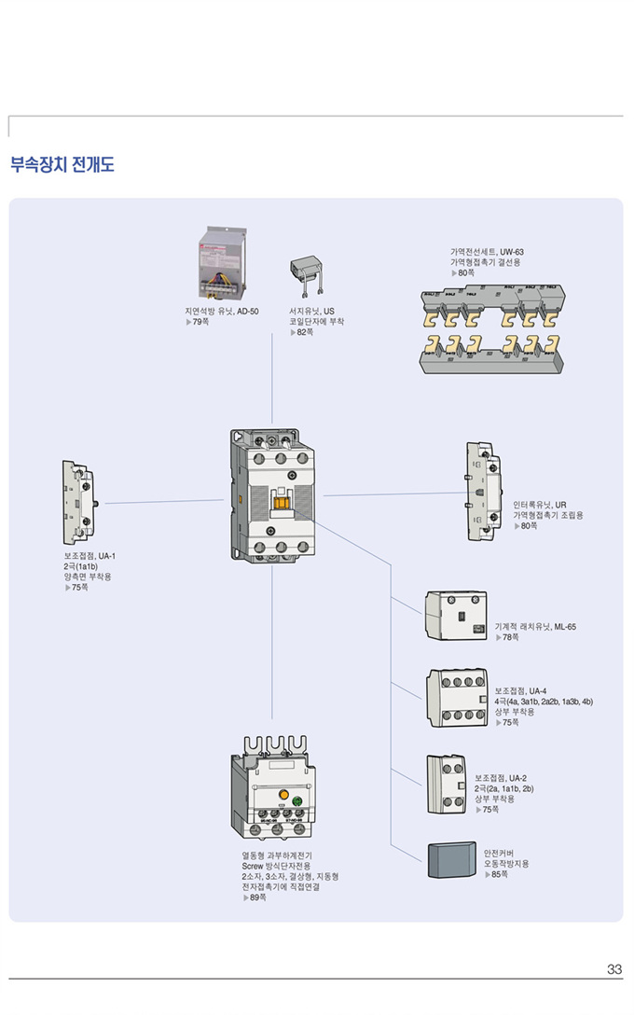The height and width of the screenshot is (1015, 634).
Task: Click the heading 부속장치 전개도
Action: point(62,166)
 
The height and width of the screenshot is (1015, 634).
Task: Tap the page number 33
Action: point(613,969)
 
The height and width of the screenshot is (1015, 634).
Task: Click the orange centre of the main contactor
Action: point(281,500)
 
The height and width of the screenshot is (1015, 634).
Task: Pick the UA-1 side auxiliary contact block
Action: point(79,503)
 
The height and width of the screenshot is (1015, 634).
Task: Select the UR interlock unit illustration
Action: point(483,490)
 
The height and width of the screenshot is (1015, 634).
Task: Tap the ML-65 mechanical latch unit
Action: point(456,616)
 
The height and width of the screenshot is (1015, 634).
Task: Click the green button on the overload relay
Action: point(297,801)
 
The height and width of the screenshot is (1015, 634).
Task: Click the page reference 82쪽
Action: point(304,332)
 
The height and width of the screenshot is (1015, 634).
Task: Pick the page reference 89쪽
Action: point(257,897)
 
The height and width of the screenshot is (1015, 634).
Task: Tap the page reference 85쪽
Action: point(499,874)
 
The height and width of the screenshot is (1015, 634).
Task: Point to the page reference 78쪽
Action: point(510,637)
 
